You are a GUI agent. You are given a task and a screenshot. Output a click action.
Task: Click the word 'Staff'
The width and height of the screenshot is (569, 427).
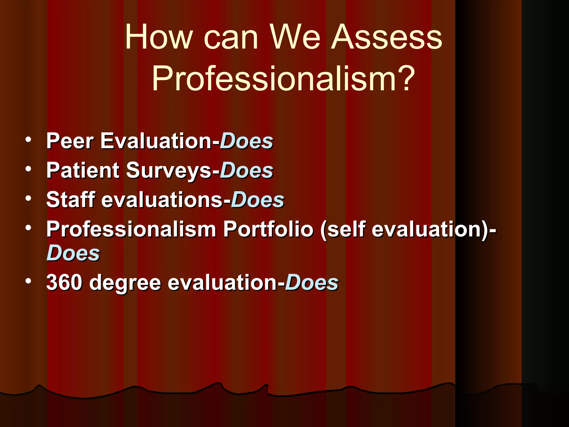[71, 200]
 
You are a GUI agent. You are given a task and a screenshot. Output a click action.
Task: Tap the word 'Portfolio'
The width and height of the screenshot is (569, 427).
[268, 229]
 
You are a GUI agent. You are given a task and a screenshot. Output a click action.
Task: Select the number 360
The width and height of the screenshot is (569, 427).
[64, 282]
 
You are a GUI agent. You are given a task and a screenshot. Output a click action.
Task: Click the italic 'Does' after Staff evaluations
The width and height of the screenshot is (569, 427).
[258, 200]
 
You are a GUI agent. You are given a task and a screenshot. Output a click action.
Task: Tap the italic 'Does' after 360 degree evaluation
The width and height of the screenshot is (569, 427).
[312, 282]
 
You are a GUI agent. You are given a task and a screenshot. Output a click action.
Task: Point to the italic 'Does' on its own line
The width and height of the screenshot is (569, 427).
[73, 253]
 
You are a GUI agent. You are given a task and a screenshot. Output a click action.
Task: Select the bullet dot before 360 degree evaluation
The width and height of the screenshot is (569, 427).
[28, 281]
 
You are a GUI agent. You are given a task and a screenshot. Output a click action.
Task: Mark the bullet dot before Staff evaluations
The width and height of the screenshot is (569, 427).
[28, 198]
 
